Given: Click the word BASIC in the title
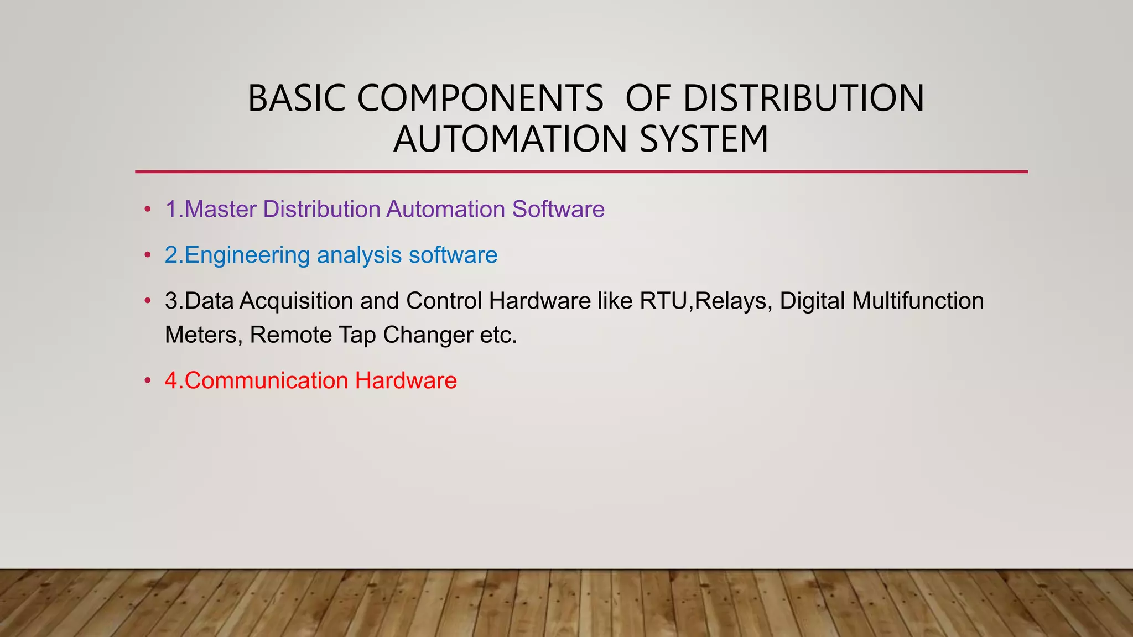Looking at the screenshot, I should click(297, 98).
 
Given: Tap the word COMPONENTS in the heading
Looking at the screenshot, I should click(480, 98).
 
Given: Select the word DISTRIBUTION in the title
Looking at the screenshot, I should click(803, 98).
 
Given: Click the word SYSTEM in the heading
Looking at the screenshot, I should click(704, 139).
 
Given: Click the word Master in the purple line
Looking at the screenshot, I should click(220, 210).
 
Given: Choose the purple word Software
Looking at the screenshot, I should click(558, 210).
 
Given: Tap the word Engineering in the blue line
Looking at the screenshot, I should click(247, 255).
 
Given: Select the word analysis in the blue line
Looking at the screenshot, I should click(359, 255).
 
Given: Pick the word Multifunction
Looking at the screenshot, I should click(918, 301).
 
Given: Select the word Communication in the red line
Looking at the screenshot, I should click(266, 381).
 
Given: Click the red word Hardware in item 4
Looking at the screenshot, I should click(406, 381).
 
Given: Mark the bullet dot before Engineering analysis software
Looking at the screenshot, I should click(147, 255).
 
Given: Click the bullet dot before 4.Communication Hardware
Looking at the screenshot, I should click(147, 381).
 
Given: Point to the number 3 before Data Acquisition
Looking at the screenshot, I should click(171, 301).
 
